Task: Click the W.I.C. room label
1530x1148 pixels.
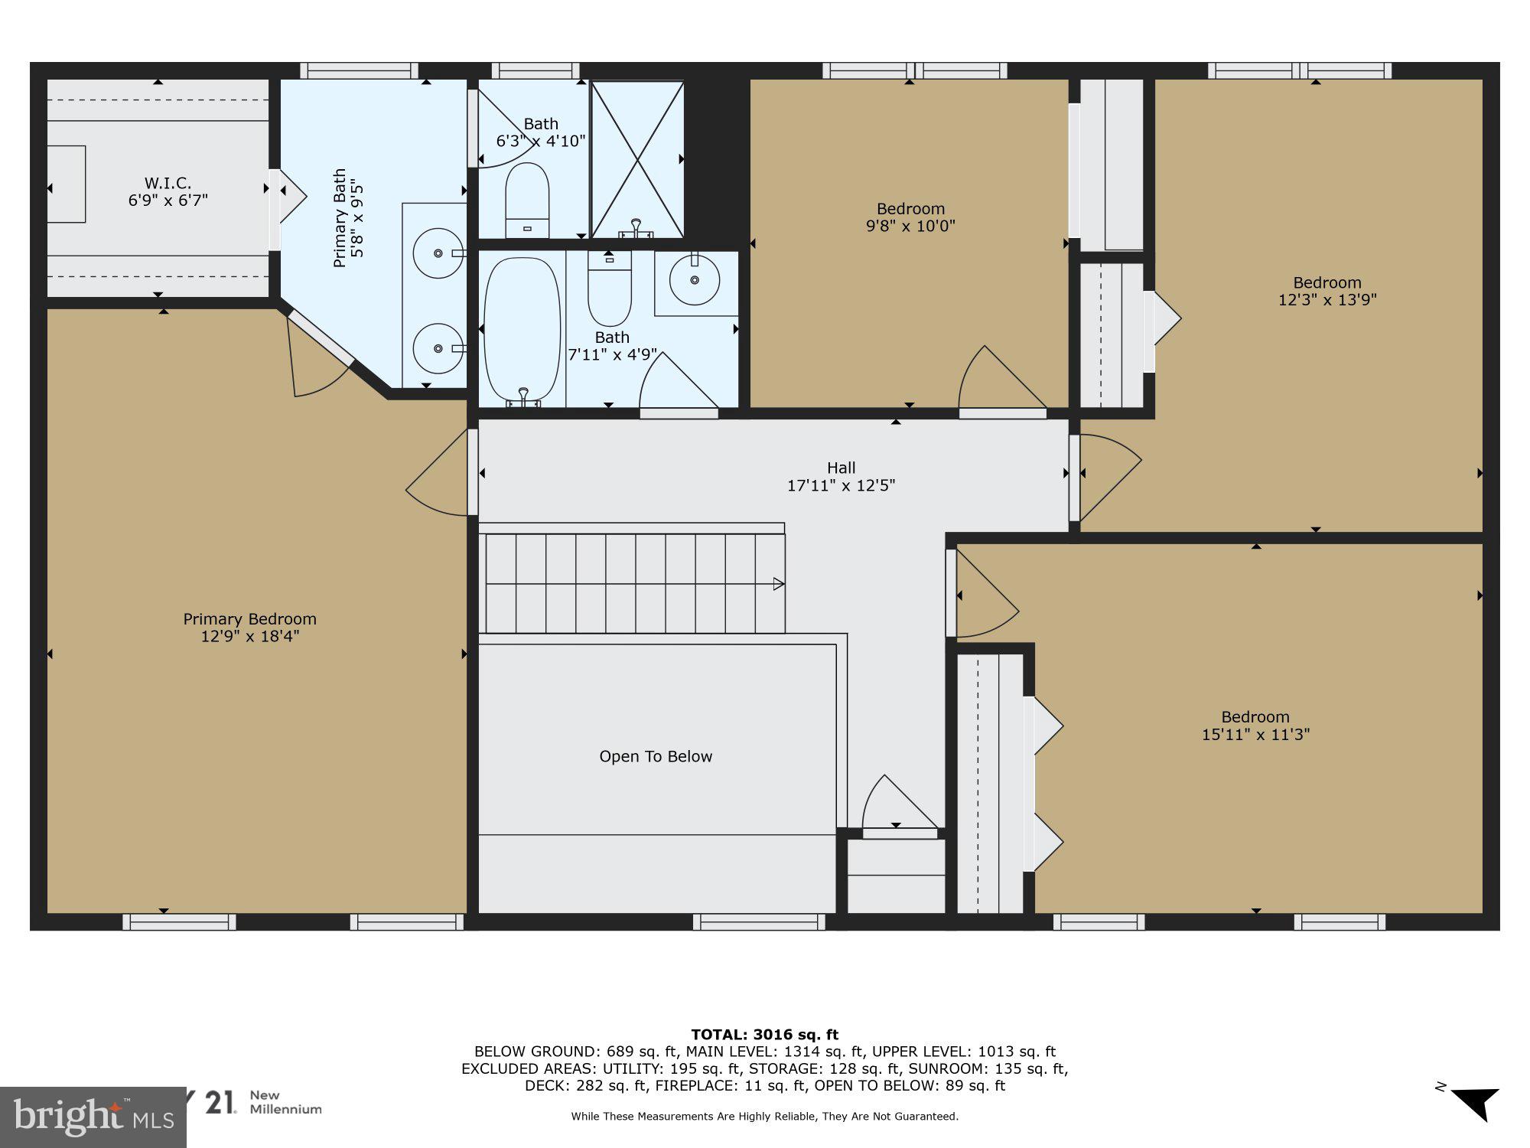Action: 168,183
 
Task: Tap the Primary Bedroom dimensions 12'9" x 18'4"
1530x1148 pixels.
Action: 249,636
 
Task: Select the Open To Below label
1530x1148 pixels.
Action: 656,756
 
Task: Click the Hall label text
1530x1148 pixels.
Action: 841,468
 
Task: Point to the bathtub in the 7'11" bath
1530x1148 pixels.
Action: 522,329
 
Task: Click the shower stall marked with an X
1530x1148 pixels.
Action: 636,159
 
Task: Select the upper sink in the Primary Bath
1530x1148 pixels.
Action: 438,253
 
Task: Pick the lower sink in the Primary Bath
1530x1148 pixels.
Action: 438,348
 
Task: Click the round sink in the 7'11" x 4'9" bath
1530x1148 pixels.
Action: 695,280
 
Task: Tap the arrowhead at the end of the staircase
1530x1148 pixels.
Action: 779,584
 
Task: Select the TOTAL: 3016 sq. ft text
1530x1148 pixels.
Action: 764,1035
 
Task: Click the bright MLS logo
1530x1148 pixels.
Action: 92,1117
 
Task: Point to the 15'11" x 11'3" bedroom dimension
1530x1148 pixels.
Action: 1255,735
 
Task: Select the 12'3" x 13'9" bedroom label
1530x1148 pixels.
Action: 1327,291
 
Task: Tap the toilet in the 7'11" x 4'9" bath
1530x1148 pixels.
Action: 610,295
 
